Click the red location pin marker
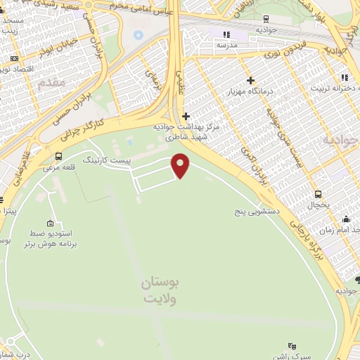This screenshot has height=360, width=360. [181, 165]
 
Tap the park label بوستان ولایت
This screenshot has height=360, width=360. [161, 290]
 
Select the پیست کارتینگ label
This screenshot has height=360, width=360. [107, 161]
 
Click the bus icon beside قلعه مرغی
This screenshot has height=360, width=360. [58, 157]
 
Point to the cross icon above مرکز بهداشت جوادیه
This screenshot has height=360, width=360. [186, 116]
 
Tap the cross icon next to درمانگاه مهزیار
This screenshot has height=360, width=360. [250, 80]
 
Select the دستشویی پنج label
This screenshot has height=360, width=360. [258, 210]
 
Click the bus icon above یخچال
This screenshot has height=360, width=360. [318, 194]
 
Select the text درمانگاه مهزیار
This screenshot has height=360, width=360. [248, 92]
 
